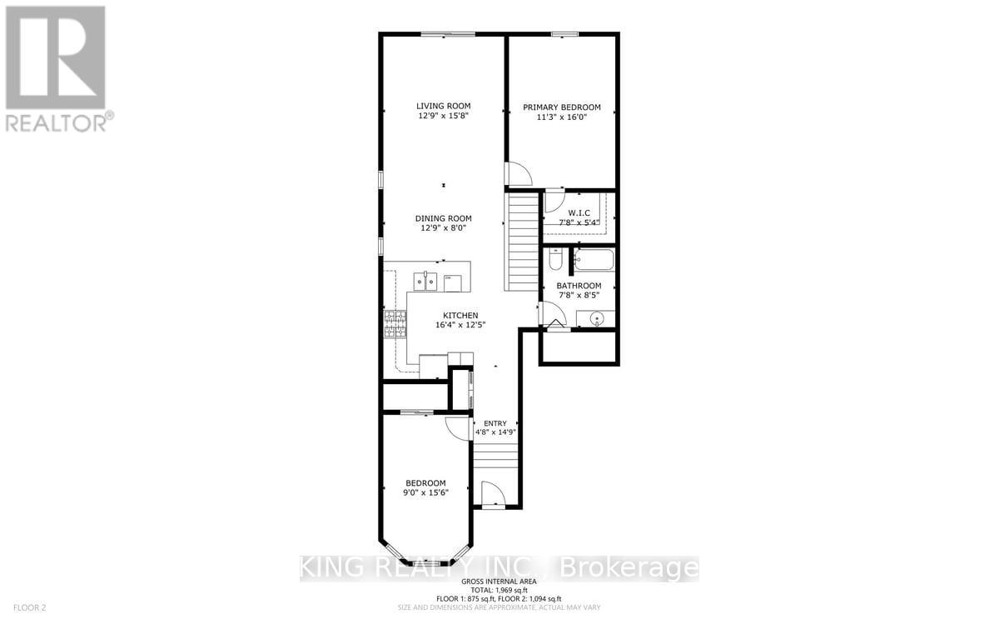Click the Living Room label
(x=444, y=106)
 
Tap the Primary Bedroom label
(x=562, y=107)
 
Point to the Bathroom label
(x=579, y=286)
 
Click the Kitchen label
(x=460, y=315)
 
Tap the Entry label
(x=495, y=424)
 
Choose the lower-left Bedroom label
(x=425, y=483)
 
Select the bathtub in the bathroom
(x=594, y=260)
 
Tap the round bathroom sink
(x=598, y=318)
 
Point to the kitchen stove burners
(x=394, y=322)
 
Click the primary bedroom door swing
(x=518, y=174)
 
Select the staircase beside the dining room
(x=523, y=242)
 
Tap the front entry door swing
(x=493, y=495)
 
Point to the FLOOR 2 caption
(x=22, y=608)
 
